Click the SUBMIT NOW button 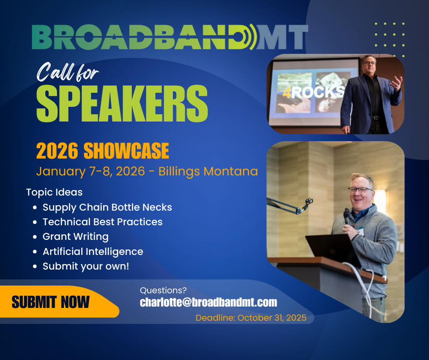[x=58, y=302]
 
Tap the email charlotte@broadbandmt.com [x=209, y=302]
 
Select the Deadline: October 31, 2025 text [x=251, y=318]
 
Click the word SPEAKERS [x=122, y=103]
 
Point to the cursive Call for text [x=68, y=72]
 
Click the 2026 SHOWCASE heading [x=103, y=151]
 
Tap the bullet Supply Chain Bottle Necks [x=107, y=207]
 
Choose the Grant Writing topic [x=75, y=237]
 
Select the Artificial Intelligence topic [x=93, y=252]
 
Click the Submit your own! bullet [x=86, y=266]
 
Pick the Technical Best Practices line [x=102, y=222]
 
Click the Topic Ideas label [x=54, y=192]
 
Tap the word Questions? [x=163, y=291]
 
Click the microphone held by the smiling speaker [x=347, y=217]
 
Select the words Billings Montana [x=208, y=172]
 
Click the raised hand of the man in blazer [x=396, y=83]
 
